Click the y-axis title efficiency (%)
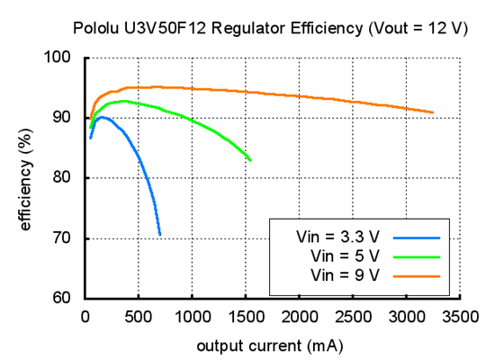pyautogui.click(x=26, y=178)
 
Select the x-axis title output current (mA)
pyautogui.click(x=271, y=345)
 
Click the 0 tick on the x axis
pyautogui.click(x=85, y=316)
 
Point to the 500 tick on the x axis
pyautogui.click(x=139, y=316)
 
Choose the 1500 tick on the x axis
pyautogui.click(x=246, y=316)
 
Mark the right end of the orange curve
pyautogui.click(x=433, y=112)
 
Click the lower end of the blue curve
pyautogui.click(x=160, y=235)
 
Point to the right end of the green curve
pyautogui.click(x=250, y=160)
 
